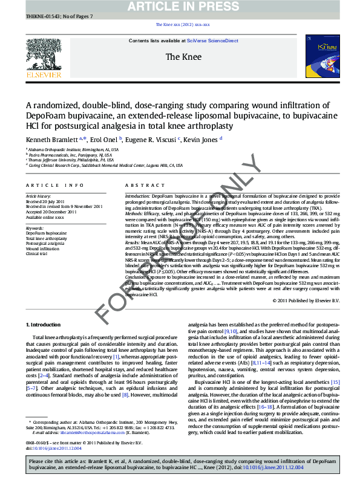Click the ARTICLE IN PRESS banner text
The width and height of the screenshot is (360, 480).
click(x=180, y=7)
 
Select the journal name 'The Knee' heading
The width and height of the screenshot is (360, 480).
click(x=180, y=57)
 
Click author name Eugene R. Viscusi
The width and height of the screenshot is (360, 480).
click(x=152, y=138)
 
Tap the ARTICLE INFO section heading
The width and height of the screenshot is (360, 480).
click(x=54, y=185)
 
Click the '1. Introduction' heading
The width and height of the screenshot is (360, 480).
click(x=45, y=325)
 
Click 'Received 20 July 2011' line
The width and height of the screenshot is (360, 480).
click(x=47, y=202)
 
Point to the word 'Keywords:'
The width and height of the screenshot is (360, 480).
click(x=34, y=228)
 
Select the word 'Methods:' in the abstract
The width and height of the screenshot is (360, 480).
click(x=136, y=213)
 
